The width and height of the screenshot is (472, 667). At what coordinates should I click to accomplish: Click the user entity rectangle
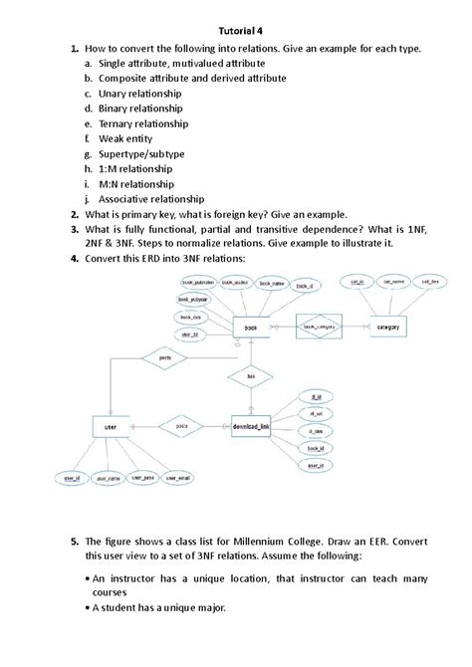click(x=112, y=425)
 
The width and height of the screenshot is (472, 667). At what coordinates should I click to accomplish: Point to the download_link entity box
click(x=258, y=425)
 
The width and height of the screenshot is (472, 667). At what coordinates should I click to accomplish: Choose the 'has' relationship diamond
click(x=251, y=377)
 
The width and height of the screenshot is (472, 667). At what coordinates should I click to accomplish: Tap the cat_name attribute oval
click(x=395, y=283)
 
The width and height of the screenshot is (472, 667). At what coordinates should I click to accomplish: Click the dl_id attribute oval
click(x=316, y=395)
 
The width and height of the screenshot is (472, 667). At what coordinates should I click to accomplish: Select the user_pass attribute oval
click(x=145, y=478)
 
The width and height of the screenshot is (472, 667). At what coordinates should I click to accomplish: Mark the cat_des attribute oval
click(x=430, y=283)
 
